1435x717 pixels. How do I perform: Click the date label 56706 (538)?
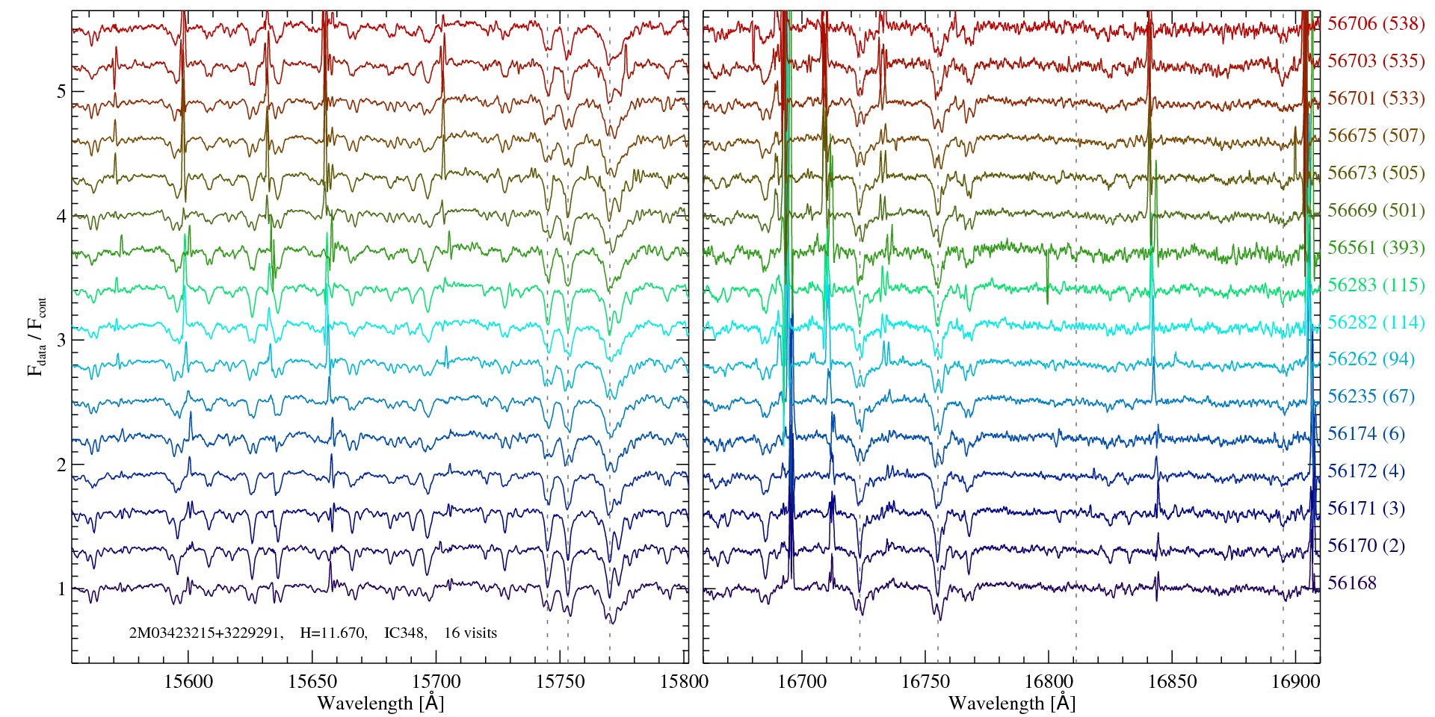click(1376, 23)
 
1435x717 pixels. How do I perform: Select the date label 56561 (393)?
click(1376, 247)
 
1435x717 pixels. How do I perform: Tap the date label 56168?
click(1352, 583)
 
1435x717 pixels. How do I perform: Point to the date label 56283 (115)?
click(1376, 285)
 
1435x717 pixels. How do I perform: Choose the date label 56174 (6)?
click(1366, 433)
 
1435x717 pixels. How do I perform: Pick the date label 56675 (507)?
click(1376, 135)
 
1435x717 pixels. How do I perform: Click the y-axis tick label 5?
click(61, 92)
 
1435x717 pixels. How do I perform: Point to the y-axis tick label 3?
click(61, 341)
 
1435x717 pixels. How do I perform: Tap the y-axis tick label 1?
click(61, 589)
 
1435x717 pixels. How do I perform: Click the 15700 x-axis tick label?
click(436, 681)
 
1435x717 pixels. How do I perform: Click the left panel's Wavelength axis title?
click(380, 703)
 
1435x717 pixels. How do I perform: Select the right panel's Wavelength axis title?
click(1011, 703)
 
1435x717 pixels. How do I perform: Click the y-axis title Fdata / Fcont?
click(37, 336)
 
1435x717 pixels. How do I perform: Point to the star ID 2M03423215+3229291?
click(206, 633)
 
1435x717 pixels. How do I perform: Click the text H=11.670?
click(333, 633)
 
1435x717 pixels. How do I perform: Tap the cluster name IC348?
click(404, 633)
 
